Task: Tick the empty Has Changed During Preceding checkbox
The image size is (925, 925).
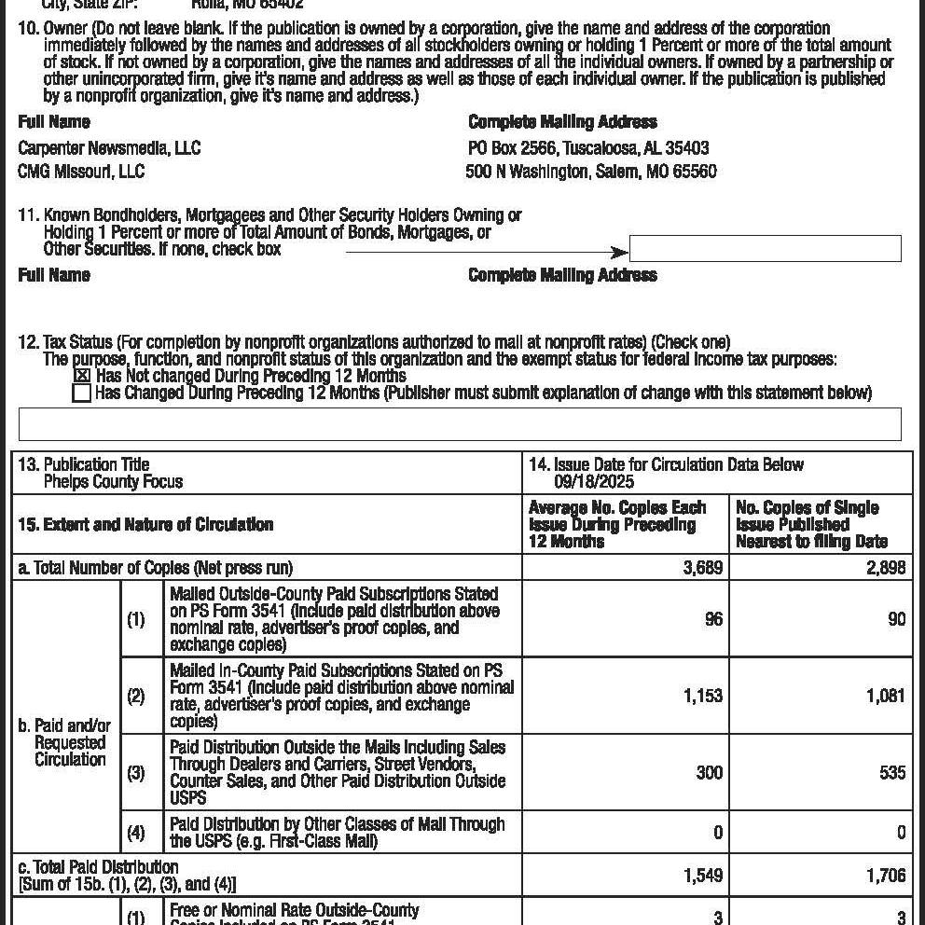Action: [x=82, y=393]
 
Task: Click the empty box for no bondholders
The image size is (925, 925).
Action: [x=765, y=249]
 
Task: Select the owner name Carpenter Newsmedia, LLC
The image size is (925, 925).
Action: [x=109, y=148]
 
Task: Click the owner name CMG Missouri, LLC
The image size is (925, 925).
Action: [x=81, y=172]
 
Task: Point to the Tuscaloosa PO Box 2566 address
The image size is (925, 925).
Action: [x=588, y=148]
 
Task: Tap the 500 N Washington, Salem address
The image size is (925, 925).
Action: [x=591, y=172]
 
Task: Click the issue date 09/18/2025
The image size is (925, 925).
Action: [x=594, y=482]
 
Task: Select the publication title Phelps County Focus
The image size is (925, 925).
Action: [x=113, y=482]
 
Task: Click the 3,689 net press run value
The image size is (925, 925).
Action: [x=703, y=568]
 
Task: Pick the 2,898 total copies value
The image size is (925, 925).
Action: [x=886, y=568]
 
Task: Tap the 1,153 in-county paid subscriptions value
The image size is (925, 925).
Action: [x=702, y=696]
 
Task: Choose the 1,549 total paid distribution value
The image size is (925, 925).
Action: [x=702, y=876]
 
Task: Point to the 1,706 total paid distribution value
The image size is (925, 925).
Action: [x=886, y=876]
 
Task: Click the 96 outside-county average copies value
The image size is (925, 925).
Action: [x=713, y=619]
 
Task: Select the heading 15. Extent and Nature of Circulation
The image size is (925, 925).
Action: [x=145, y=525]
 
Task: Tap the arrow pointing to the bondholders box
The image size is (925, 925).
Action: [x=485, y=253]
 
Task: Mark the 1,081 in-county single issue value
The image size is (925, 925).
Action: [x=886, y=696]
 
